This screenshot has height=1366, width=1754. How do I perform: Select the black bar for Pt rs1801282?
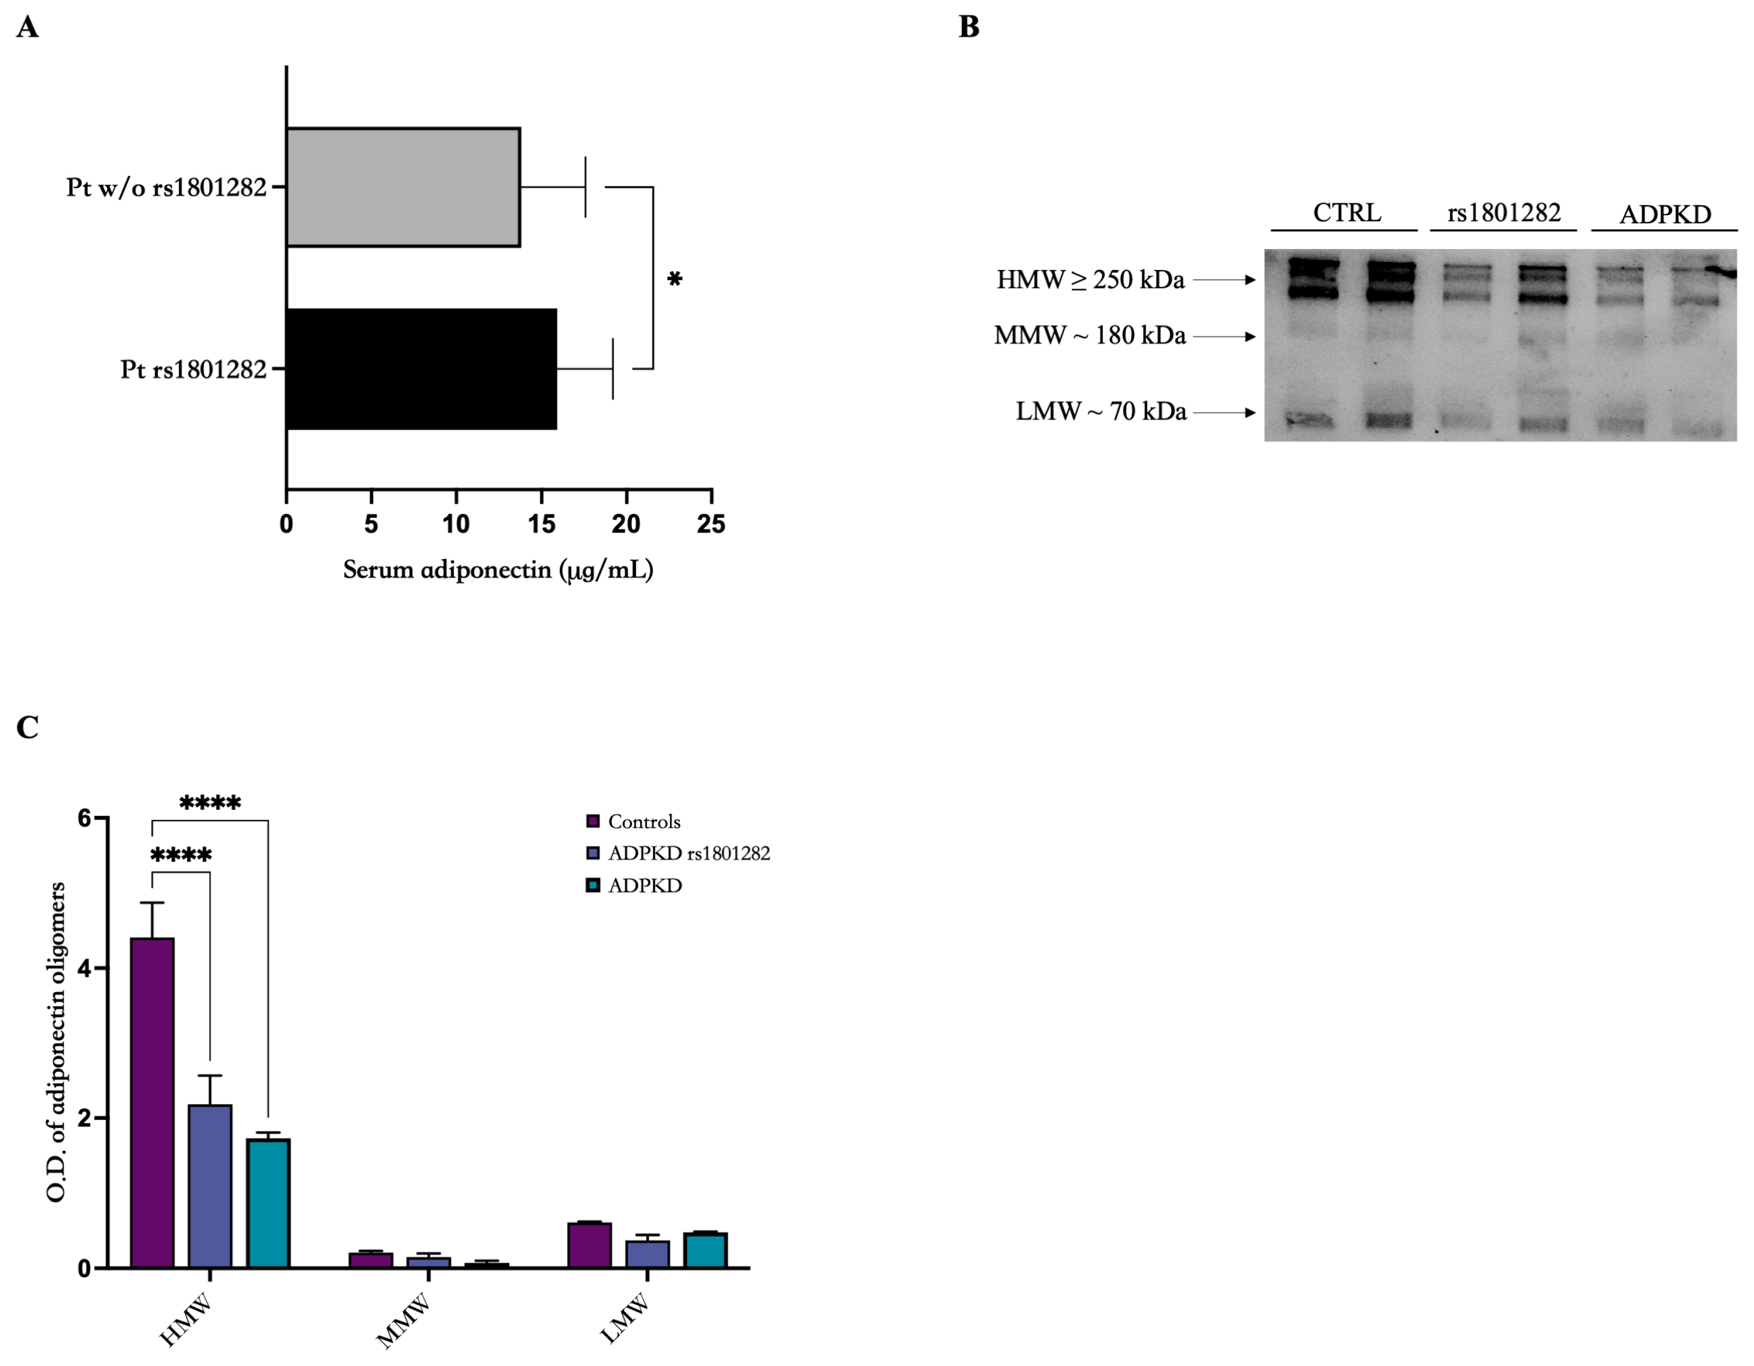pyautogui.click(x=421, y=369)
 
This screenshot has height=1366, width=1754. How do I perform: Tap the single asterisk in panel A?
pyautogui.click(x=674, y=280)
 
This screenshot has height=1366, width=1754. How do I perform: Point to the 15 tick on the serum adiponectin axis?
pyautogui.click(x=541, y=524)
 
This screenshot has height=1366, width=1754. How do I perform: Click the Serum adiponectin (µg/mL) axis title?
pyautogui.click(x=498, y=570)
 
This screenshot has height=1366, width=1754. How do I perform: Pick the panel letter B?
pyautogui.click(x=970, y=27)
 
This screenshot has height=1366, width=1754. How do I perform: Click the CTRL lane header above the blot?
pyautogui.click(x=1347, y=213)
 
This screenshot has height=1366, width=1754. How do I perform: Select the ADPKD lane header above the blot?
pyautogui.click(x=1665, y=215)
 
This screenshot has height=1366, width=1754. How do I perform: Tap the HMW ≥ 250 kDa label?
pyautogui.click(x=1090, y=280)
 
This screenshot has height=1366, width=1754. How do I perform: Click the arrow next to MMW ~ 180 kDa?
pyautogui.click(x=1224, y=337)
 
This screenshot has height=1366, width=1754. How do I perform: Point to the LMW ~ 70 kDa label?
pyautogui.click(x=1100, y=412)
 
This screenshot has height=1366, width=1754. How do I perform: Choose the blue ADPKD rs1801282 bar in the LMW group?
pyautogui.click(x=647, y=1254)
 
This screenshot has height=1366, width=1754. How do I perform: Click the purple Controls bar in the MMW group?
pyautogui.click(x=371, y=1260)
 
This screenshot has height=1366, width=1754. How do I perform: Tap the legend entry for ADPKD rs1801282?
pyautogui.click(x=689, y=853)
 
